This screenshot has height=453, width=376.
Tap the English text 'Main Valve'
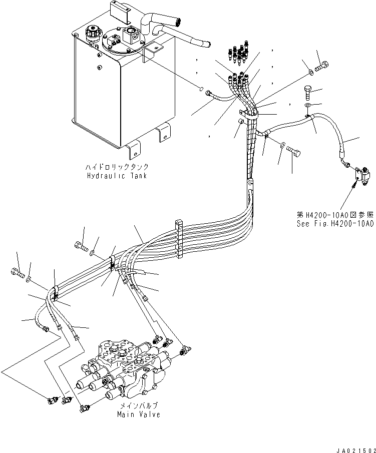click(139, 414)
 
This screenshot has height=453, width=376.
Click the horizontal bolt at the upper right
click(322, 65)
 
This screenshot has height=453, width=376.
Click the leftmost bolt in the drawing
click(17, 273)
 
